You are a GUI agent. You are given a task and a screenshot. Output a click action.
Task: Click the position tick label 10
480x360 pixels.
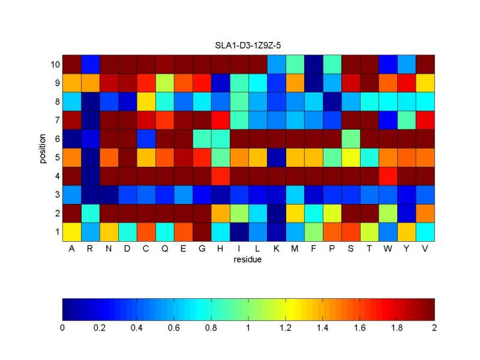coord(52,64)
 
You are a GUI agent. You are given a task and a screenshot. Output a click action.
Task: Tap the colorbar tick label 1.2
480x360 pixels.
coord(286,329)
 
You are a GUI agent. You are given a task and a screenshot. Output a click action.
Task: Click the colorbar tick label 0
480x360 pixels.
coord(62,329)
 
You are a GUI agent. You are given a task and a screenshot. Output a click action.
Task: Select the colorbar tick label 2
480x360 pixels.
coord(434,329)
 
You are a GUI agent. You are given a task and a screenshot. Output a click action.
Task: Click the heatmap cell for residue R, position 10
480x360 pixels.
coord(90,64)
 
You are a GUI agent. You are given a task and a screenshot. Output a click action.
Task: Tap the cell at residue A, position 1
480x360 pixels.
coord(71,231)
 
